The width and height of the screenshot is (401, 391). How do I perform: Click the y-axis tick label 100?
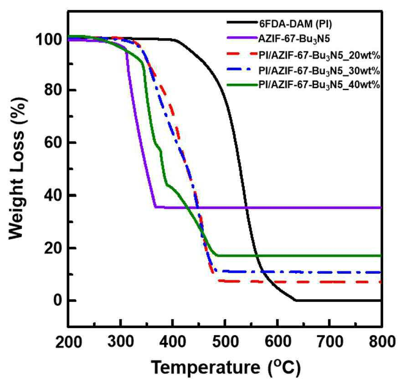[x=49, y=40]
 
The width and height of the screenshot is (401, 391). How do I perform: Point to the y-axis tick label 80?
[x=53, y=90]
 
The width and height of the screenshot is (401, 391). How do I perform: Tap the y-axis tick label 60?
[x=53, y=142]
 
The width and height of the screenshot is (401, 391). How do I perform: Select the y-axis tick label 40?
[x=53, y=195]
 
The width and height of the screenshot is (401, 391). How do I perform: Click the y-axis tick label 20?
[x=53, y=248]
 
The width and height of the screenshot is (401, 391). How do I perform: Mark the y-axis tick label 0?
[x=58, y=300]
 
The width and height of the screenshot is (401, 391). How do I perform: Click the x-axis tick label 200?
[x=68, y=342]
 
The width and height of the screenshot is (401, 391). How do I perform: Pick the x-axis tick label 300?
[x=121, y=342]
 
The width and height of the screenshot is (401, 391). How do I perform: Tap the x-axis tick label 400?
[x=173, y=342]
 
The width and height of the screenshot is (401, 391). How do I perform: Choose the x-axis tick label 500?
[x=225, y=342]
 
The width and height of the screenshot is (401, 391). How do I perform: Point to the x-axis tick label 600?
[x=278, y=342]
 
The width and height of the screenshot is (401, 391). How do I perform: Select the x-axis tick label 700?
[x=330, y=342]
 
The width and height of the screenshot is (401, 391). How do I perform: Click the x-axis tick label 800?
[x=382, y=342]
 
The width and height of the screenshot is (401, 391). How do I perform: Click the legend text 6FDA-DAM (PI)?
[x=295, y=24]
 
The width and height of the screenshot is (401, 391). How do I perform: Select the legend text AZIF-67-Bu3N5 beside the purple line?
[x=294, y=39]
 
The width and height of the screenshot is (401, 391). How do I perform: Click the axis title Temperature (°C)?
[x=226, y=367]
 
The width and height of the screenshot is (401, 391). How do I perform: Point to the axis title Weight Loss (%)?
[x=17, y=168]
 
